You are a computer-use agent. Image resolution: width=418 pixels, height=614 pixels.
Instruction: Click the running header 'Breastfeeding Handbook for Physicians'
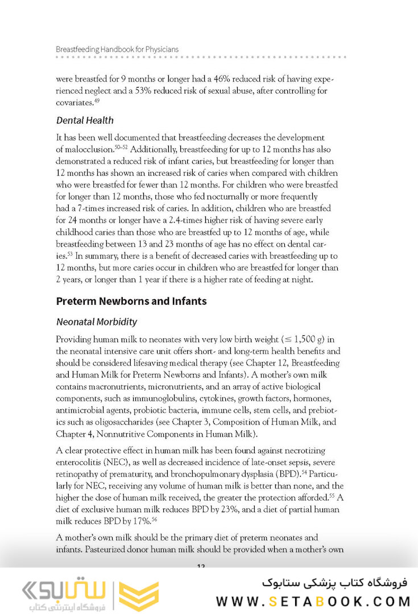[x=117, y=49]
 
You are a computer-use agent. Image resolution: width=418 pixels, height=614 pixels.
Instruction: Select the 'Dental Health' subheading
[x=85, y=121]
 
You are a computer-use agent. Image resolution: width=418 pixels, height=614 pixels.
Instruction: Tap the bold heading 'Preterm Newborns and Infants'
[x=131, y=301]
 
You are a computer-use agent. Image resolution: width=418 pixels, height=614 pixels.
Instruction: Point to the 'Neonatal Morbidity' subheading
[x=97, y=322]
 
